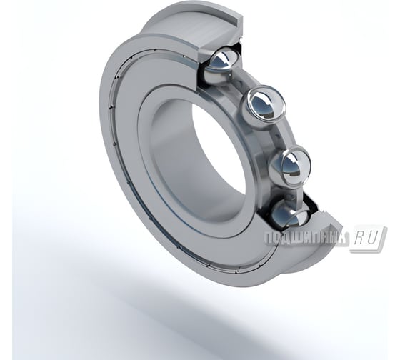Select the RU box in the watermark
pos(369,238)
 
